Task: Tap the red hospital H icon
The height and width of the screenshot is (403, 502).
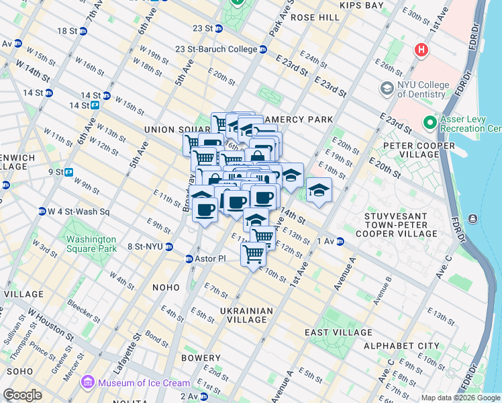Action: point(421,50)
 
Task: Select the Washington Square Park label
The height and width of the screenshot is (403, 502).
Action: point(89,243)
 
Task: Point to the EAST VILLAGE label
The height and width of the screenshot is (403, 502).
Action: point(338,332)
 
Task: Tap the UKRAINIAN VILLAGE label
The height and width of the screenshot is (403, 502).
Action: point(247,315)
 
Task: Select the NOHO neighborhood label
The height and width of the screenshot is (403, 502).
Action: point(165,287)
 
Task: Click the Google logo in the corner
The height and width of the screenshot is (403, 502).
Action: point(22,395)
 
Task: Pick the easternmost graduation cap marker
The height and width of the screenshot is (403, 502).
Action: point(319,190)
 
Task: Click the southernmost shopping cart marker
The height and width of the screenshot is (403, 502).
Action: point(253,254)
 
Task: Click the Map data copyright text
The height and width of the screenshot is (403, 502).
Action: point(460,398)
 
